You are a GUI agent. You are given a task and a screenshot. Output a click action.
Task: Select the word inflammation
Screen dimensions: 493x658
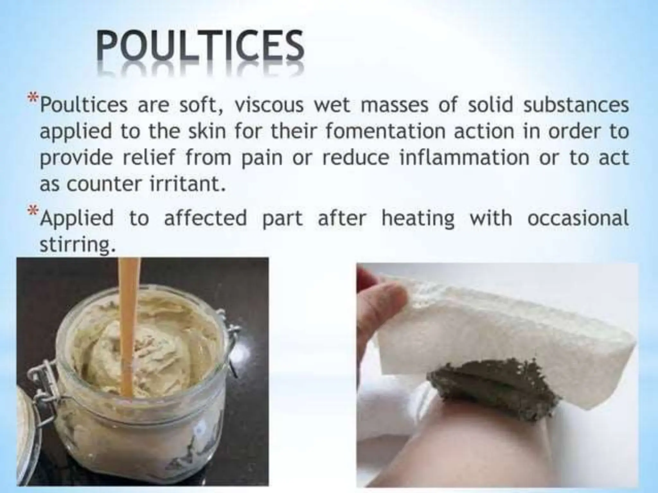pos(464,158)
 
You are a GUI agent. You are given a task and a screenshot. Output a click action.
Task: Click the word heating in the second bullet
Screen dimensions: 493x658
pos(418,218)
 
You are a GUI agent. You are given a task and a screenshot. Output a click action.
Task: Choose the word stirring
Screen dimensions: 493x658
pos(77,245)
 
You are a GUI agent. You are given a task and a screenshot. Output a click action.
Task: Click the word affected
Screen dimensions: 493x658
pos(205,218)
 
